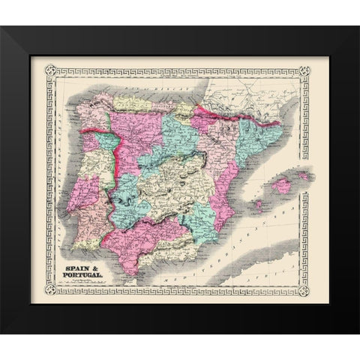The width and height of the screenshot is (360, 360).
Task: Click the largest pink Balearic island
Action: [x=281, y=185]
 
